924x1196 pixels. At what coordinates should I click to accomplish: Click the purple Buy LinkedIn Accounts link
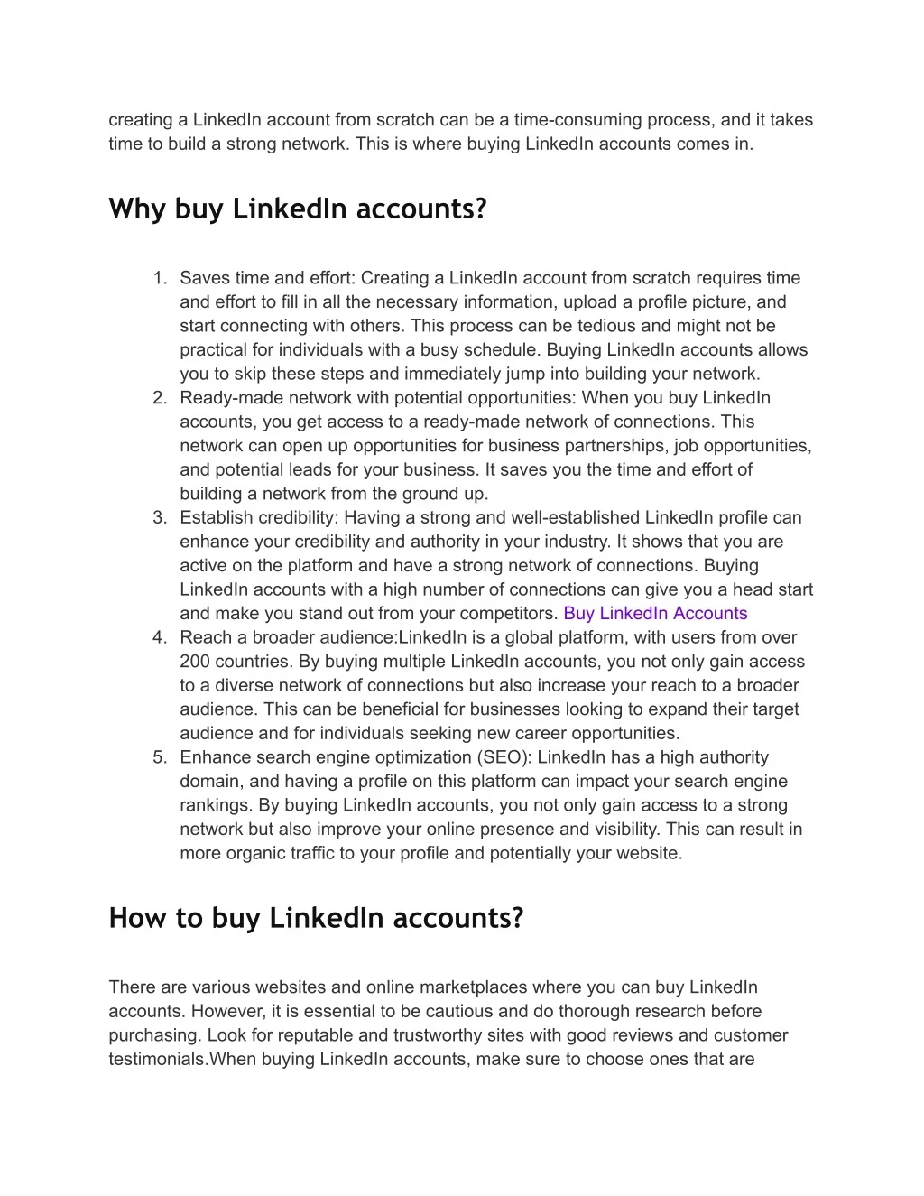point(655,614)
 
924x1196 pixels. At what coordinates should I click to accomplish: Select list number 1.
point(160,278)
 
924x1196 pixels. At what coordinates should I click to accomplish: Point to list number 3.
point(160,518)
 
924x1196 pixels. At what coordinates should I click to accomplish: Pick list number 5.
point(160,757)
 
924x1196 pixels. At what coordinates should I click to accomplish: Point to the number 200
point(196,662)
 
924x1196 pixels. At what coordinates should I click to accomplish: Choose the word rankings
point(215,805)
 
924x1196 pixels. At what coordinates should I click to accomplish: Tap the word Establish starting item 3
point(216,518)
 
